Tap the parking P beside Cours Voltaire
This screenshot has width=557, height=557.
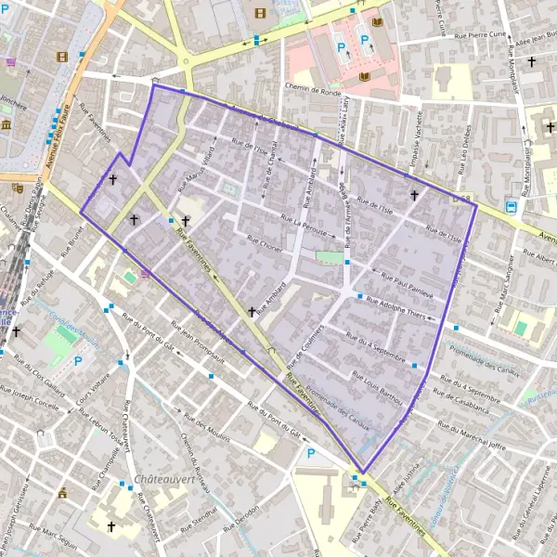78,361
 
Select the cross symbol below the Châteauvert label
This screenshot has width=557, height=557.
111,526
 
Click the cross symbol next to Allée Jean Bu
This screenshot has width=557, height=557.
532,62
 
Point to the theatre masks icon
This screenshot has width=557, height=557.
17,187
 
